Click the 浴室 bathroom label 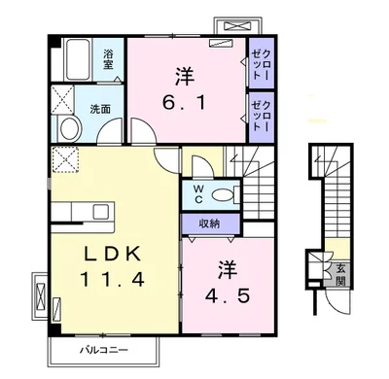coord(108,58)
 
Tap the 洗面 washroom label coord(100,110)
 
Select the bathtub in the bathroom coord(78,59)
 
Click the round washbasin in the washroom coord(70,128)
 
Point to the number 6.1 coord(184,104)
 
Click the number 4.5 coord(227,295)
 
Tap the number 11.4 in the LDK coord(112,279)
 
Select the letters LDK coord(113,254)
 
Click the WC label coord(198,194)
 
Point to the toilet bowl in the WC coord(223,195)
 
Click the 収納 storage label coord(209,224)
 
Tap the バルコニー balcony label coord(104,350)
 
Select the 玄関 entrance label coord(339,274)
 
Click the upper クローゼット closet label coord(261,64)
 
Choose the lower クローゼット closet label coord(261,116)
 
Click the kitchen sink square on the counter coord(100,212)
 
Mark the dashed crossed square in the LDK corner coord(65,159)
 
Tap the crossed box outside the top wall coord(238,25)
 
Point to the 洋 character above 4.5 coord(227,270)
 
